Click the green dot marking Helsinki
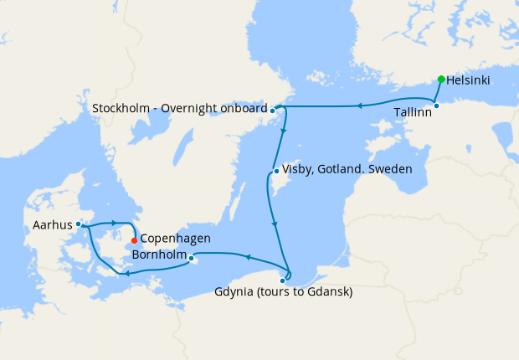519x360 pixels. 440,80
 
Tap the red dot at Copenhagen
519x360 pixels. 134,240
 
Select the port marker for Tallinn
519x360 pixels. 436,105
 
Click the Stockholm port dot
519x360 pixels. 273,110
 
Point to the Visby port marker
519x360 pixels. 276,172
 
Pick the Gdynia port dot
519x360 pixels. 282,280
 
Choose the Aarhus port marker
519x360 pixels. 78,224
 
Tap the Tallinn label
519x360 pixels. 413,111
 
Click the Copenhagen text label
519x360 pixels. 175,239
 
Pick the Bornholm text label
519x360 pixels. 158,253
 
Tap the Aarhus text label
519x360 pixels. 53,224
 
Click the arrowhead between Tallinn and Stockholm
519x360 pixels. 359,105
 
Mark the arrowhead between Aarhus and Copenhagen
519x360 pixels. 113,223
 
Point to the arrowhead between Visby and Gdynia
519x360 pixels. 275,224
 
